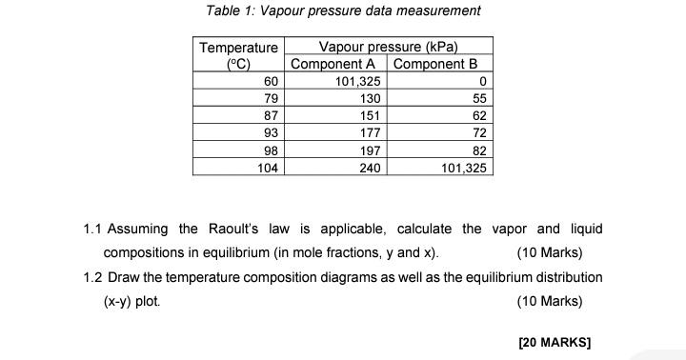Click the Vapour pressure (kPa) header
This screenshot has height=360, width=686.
[389, 47]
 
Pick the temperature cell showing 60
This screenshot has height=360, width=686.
[271, 82]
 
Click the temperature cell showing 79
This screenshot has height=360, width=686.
[271, 99]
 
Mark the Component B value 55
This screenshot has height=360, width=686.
[479, 99]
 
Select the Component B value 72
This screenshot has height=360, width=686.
[479, 133]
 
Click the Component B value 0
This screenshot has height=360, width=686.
[483, 82]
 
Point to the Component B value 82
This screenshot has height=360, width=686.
[479, 150]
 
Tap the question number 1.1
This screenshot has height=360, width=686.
[92, 230]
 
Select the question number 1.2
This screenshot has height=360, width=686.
[92, 277]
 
